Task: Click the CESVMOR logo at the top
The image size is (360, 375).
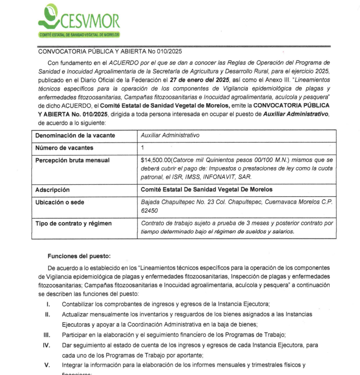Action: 78,20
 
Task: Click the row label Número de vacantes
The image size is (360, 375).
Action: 64,147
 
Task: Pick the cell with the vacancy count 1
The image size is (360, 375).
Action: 143,147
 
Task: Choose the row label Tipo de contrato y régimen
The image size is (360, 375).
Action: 74,223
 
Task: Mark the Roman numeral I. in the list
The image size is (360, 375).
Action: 47,304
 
